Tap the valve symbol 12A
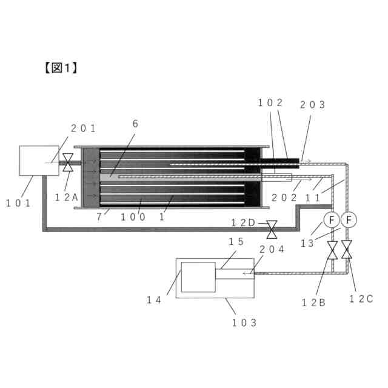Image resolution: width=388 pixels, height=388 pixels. [68, 162]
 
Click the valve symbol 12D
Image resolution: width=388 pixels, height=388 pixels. [272, 229]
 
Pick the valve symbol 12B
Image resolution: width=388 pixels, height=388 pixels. [332, 250]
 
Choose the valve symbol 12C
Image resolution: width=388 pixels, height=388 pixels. [347, 250]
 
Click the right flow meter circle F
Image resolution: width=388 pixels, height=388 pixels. [348, 219]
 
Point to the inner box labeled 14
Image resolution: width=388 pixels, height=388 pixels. [199, 278]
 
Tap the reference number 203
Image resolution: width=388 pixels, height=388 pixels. [312, 104]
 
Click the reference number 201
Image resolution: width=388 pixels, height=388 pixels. [84, 127]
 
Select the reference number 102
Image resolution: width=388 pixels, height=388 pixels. [270, 104]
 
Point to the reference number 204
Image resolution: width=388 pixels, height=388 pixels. [271, 249]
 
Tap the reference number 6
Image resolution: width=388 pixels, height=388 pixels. [135, 123]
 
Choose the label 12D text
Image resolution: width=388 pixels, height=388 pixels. [244, 222]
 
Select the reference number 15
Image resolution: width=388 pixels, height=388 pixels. [236, 241]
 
